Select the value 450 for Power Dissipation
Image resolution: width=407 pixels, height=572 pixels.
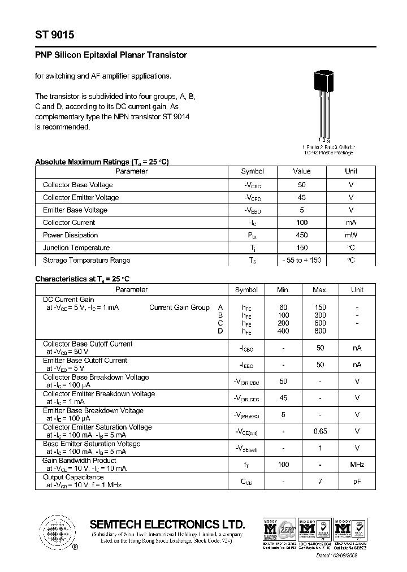[301, 235]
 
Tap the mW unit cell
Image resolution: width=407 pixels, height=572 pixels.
[351, 235]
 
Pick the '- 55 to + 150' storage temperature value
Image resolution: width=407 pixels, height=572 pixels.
[301, 261]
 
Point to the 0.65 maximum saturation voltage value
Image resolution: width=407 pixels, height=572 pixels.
[320, 431]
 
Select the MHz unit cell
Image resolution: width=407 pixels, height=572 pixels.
[357, 465]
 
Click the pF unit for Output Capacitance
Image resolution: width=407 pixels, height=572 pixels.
[357, 482]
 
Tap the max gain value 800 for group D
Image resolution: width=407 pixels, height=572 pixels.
[320, 331]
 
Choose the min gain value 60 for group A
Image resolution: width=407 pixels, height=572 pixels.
[283, 307]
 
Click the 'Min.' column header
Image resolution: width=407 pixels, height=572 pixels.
[283, 290]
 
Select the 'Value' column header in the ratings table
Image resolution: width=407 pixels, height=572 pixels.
[301, 171]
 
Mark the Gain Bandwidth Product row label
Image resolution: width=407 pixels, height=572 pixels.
[79, 461]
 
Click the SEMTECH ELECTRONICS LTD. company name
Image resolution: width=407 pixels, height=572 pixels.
[167, 523]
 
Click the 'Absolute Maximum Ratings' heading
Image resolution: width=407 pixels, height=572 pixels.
[102, 162]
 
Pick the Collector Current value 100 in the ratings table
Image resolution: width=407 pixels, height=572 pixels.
[301, 223]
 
